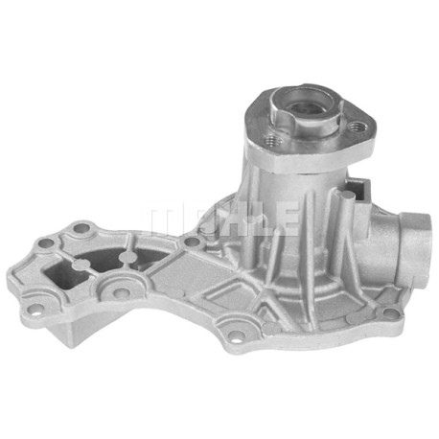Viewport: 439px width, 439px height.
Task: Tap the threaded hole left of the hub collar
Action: (271, 140)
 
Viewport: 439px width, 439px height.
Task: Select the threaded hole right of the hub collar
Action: (355, 127)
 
